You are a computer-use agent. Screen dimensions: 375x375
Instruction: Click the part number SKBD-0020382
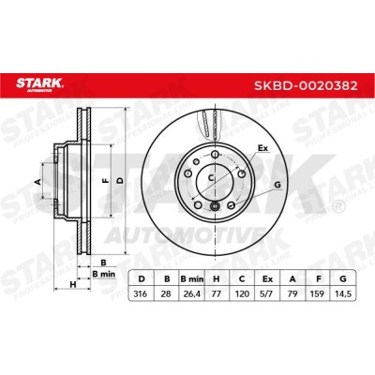[x=306, y=85]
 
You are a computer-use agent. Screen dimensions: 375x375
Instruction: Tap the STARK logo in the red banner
[x=39, y=84]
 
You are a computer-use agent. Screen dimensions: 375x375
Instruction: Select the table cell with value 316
[x=140, y=293]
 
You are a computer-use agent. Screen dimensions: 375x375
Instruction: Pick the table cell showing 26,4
[x=192, y=293]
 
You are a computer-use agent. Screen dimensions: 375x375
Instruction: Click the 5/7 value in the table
[x=267, y=293]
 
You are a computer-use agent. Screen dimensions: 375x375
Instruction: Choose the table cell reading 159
[x=318, y=293]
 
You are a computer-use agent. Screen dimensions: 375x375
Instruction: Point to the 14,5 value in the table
[x=343, y=293]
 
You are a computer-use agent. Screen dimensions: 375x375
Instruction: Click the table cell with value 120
[x=242, y=293]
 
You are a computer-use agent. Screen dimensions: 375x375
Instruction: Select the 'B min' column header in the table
[x=192, y=279]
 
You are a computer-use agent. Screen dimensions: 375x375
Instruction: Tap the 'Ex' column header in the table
[x=267, y=279]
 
